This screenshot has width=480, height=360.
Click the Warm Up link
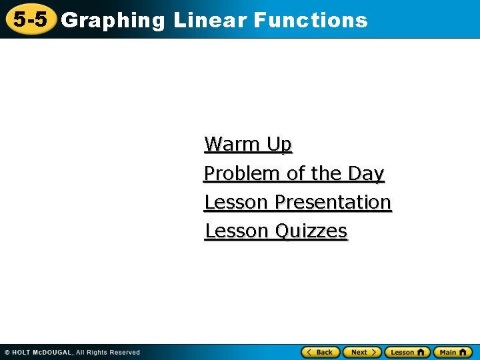pos(248,144)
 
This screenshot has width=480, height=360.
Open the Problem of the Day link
pos(294,173)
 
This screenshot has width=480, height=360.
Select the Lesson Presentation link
pos(297,202)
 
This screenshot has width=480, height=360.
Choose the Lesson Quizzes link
pos(276,231)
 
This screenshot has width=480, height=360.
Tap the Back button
pos(321,352)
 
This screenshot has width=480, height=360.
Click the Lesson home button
pos(407,352)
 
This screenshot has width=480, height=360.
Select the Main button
pos(453,352)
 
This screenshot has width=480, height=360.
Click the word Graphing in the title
pos(113,21)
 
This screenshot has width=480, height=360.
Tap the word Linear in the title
pos(209,21)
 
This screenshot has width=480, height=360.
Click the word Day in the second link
pos(366,173)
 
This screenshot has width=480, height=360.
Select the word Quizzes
pos(311,231)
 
